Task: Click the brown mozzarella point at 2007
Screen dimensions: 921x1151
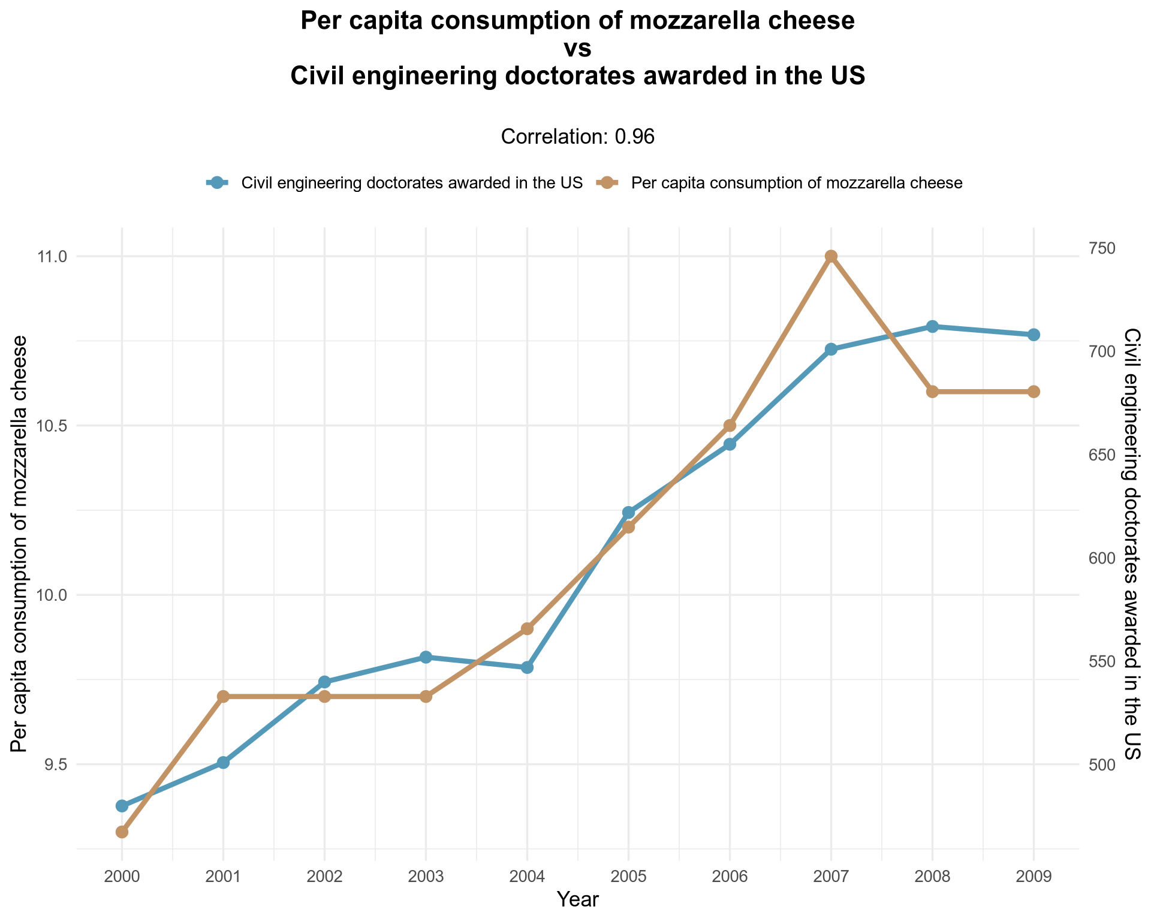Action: click(x=831, y=257)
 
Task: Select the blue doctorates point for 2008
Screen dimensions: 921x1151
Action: click(x=932, y=326)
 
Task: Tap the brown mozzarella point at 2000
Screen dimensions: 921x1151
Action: click(x=122, y=832)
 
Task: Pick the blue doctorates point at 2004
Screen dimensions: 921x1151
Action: click(x=527, y=667)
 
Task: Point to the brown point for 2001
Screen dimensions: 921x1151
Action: click(x=223, y=696)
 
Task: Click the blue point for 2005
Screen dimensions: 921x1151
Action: click(x=628, y=512)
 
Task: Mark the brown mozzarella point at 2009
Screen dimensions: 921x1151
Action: click(x=1034, y=392)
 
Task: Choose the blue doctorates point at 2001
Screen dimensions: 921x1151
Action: click(x=223, y=762)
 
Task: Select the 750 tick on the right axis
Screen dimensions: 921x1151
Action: click(x=1100, y=248)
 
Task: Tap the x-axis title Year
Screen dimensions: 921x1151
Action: click(x=577, y=899)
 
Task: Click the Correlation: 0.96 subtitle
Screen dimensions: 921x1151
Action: click(x=577, y=137)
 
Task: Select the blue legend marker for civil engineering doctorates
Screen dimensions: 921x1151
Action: click(x=217, y=183)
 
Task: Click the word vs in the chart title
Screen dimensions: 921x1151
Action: click(x=577, y=49)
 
